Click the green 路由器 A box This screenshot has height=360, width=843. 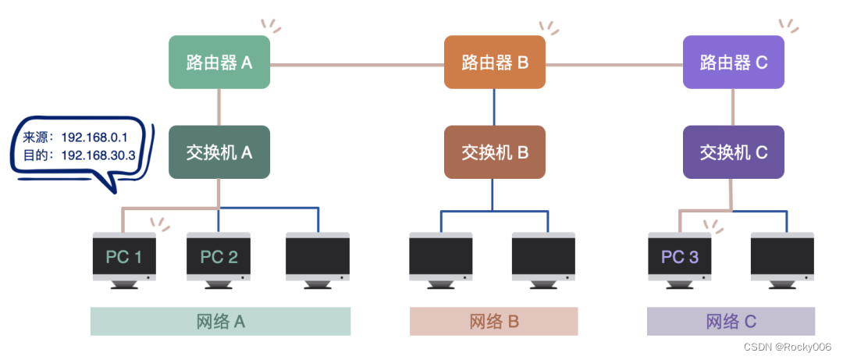[x=219, y=62]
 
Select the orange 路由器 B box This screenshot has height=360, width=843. [x=494, y=62]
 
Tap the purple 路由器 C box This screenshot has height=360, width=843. [x=733, y=62]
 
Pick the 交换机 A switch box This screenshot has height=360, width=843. [x=219, y=152]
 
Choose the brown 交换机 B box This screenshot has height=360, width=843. [x=494, y=152]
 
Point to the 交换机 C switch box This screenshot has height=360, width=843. [x=733, y=152]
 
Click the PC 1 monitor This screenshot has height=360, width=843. [x=123, y=257]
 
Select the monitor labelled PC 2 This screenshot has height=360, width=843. [x=219, y=257]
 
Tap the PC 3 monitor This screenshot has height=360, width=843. [x=679, y=257]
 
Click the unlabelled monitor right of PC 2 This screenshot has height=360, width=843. [x=317, y=257]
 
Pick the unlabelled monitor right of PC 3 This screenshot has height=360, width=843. [x=782, y=257]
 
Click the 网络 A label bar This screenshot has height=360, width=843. [x=220, y=321]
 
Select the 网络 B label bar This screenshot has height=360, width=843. [x=494, y=321]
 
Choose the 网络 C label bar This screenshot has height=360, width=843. [x=731, y=321]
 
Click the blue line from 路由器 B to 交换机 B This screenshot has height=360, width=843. [x=493, y=106]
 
